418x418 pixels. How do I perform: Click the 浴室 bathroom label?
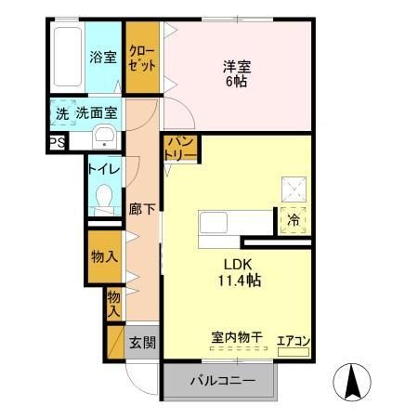[x=102, y=58]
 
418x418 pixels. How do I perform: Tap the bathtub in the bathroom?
[x=66, y=58]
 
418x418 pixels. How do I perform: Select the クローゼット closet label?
[x=141, y=58]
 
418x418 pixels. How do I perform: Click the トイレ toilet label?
[x=101, y=170]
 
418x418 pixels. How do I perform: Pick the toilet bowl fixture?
[x=103, y=198]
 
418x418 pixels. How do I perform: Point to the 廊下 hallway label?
[x=141, y=209]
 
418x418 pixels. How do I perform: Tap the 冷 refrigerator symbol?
[x=293, y=221]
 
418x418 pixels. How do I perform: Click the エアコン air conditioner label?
[x=294, y=340]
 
